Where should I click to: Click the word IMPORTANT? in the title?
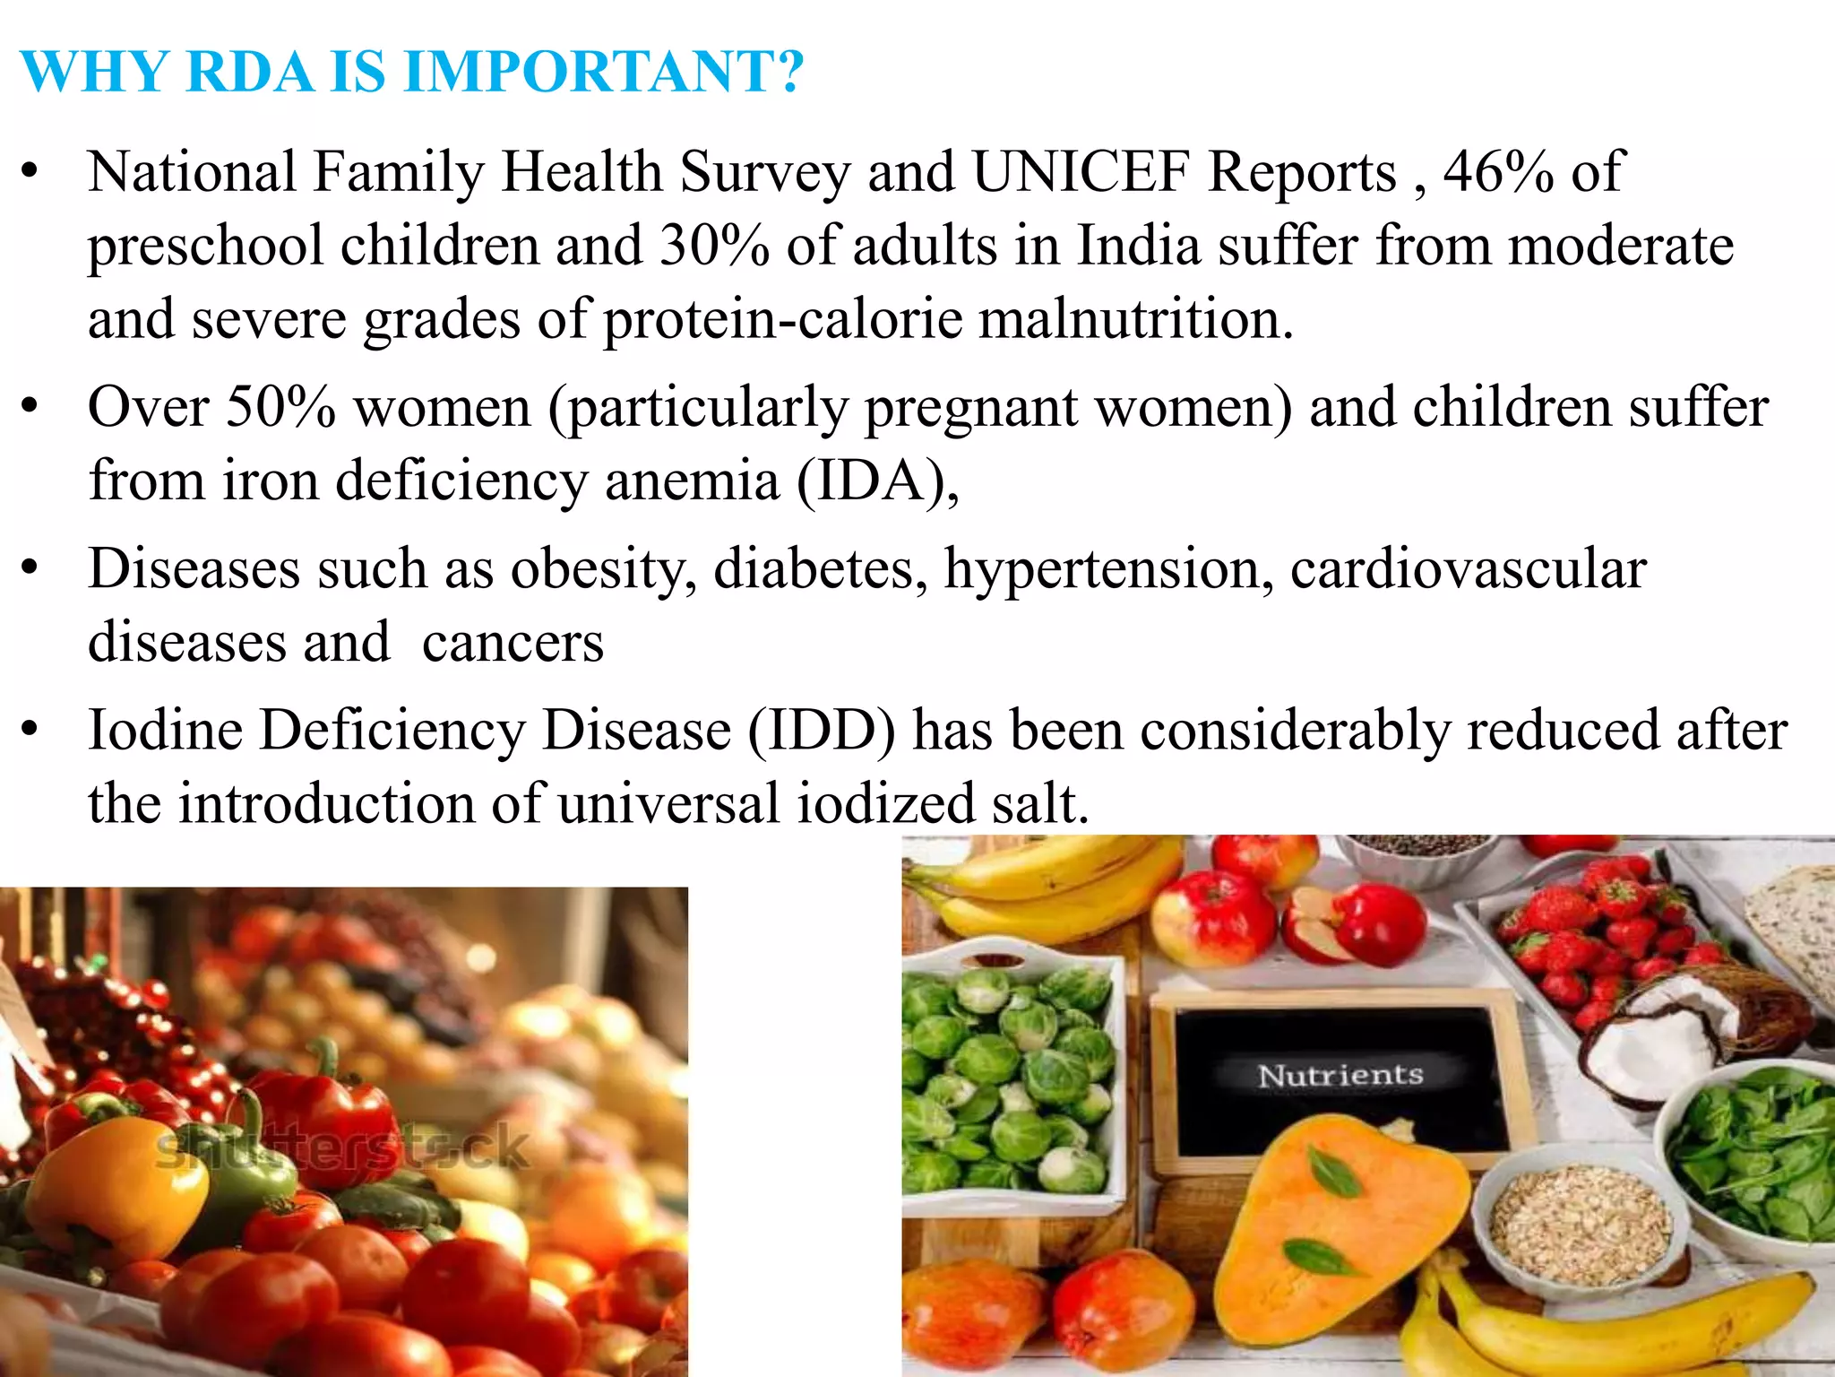tap(604, 72)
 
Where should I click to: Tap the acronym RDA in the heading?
tap(251, 72)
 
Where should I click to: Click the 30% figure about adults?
tap(714, 246)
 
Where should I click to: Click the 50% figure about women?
tap(280, 408)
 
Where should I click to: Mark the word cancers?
tap(513, 644)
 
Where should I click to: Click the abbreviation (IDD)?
tap(821, 731)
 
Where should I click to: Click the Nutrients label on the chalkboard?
tap(1340, 1075)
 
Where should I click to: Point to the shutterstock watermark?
tap(343, 1149)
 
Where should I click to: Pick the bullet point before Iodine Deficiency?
tap(30, 731)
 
